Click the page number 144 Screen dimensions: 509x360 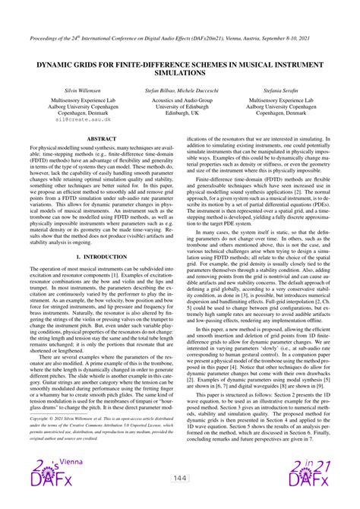[180, 478]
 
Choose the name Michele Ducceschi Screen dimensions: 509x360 [201, 90]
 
